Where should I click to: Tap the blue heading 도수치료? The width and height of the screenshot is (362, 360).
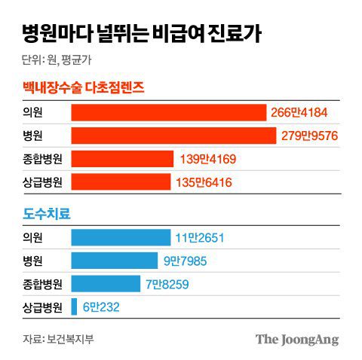point(47,214)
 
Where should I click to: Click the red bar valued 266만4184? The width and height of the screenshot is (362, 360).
point(169,112)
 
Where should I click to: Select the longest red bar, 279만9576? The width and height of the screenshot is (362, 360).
point(173,136)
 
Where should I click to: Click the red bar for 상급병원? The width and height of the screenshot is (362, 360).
point(121,182)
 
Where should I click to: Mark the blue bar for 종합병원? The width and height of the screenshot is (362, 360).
point(106,284)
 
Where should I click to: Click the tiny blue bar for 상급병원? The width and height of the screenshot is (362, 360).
point(75,307)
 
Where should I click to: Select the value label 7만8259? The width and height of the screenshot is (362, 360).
point(167,284)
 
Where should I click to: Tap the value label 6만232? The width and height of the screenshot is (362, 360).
point(101,307)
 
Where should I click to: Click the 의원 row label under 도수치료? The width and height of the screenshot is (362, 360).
point(33,238)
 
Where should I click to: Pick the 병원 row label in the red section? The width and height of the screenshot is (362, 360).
point(33,136)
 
